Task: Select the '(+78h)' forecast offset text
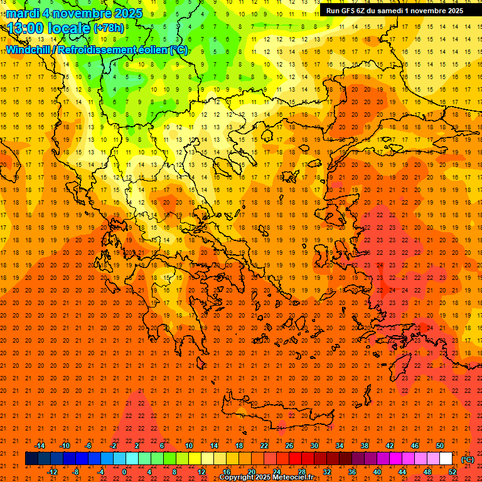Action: click(x=109, y=28)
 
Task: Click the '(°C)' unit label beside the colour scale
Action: click(x=467, y=459)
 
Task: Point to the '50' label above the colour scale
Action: click(x=439, y=446)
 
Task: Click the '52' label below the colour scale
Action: click(x=452, y=471)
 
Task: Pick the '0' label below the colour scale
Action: click(x=124, y=471)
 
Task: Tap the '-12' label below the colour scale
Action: click(x=52, y=471)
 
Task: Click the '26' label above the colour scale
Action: click(x=289, y=446)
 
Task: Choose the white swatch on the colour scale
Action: click(x=446, y=459)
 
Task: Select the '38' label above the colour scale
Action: click(x=364, y=446)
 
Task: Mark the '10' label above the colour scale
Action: click(x=188, y=446)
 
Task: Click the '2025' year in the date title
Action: click(x=124, y=13)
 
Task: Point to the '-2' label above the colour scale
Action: click(x=114, y=446)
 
